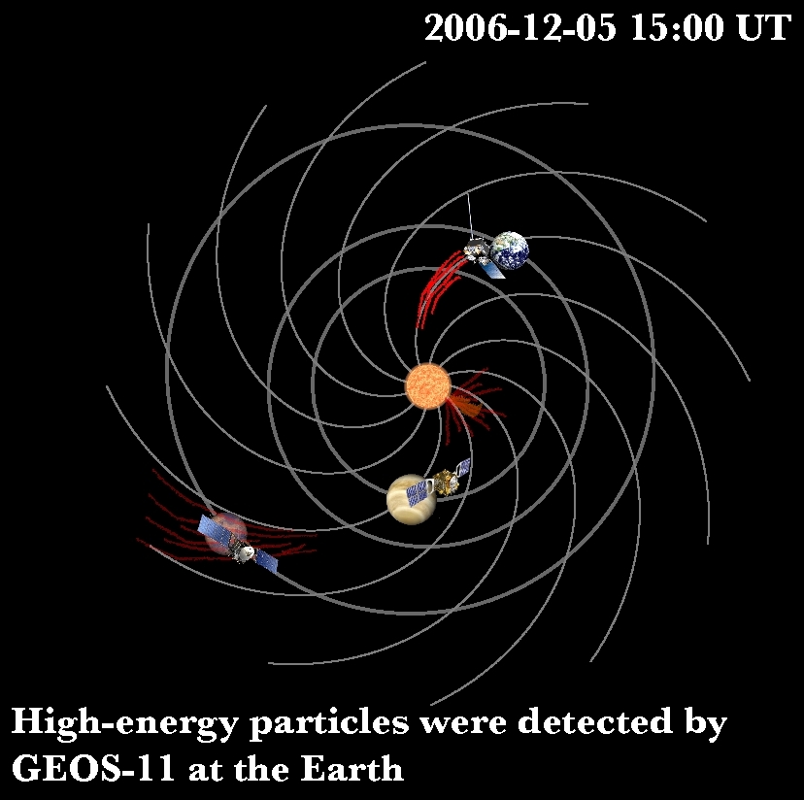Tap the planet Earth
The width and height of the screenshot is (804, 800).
[509, 250]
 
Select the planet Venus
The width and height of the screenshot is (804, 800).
[411, 499]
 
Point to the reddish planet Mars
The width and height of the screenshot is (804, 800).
[225, 534]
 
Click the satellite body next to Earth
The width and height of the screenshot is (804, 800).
[477, 250]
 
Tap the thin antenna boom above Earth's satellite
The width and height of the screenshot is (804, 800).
[470, 217]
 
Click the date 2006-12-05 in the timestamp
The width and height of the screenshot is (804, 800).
[520, 27]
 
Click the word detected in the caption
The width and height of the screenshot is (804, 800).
[595, 720]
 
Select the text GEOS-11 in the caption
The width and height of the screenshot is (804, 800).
[93, 769]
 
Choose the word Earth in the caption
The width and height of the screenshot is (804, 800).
[352, 769]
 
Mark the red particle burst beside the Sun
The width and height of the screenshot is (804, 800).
[469, 403]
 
